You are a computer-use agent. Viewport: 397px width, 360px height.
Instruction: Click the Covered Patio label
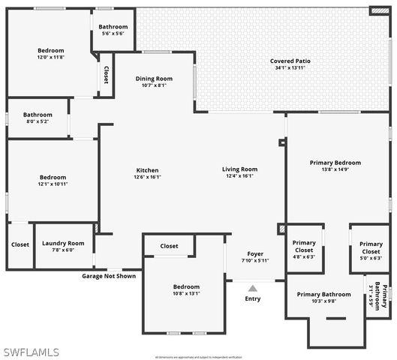[x=290, y=61]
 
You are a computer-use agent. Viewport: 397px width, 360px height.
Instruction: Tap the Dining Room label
[x=154, y=78]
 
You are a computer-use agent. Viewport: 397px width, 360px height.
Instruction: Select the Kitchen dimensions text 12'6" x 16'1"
[x=147, y=178]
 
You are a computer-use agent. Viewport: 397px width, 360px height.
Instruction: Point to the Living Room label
[x=239, y=169]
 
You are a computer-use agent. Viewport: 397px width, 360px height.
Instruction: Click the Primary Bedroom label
[x=335, y=163]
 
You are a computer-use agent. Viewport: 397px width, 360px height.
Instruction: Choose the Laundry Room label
[x=63, y=243]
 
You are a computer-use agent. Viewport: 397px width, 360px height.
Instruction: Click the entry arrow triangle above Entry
[x=253, y=288]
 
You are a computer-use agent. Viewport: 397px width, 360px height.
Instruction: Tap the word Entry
[x=253, y=299]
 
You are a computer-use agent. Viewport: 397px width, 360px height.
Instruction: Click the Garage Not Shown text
[x=109, y=276]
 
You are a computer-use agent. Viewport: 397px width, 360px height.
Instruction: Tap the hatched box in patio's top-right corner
[x=380, y=11]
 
